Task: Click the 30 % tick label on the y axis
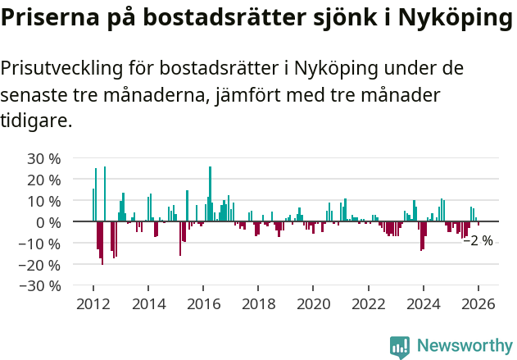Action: click(x=44, y=158)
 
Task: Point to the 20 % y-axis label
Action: click(x=44, y=180)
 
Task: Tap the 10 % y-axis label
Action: click(x=44, y=201)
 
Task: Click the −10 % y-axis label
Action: click(x=41, y=244)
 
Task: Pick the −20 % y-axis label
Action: click(x=41, y=265)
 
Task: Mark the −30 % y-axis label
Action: click(x=41, y=286)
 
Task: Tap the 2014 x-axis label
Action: click(x=148, y=303)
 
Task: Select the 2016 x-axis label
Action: click(x=203, y=303)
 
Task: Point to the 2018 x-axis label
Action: click(x=259, y=303)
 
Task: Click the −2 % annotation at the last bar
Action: click(x=478, y=241)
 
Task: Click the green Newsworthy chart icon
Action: click(x=400, y=346)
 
